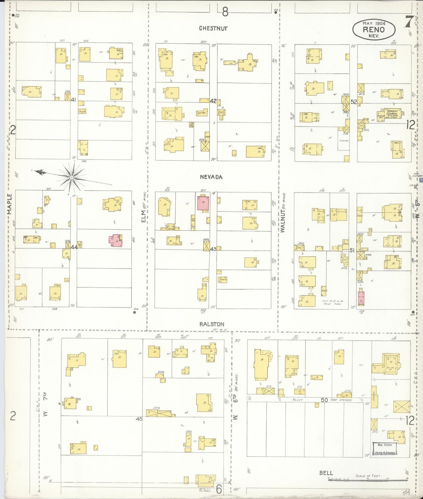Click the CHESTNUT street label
pos(213,28)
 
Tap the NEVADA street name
pos(211,177)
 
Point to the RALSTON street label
pos(212,324)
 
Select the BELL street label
pos(326,473)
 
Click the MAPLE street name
pos(9,204)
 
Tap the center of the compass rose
pos(71,177)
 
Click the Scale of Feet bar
pos(368,479)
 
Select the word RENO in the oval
pos(374,30)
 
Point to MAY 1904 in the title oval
pos(374,23)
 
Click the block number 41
pos(73,100)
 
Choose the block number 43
pos(213,249)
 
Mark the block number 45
pos(139,419)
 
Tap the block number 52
pos(354,102)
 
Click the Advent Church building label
pos(392,113)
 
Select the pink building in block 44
pos(116,241)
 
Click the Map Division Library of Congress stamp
pos(385,449)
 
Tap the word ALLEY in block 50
pos(297,400)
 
